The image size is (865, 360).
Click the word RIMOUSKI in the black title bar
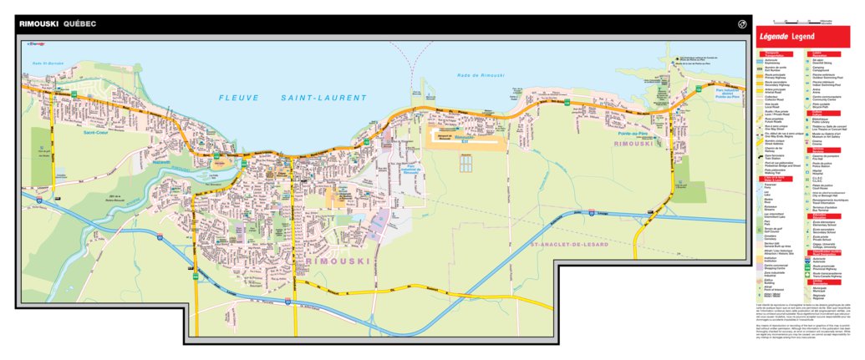[38, 24]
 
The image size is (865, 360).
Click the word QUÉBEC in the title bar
[79, 24]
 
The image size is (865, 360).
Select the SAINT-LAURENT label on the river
[323, 98]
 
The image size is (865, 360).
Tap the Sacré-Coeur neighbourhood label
[98, 132]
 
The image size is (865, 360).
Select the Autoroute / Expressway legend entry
[778, 61]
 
